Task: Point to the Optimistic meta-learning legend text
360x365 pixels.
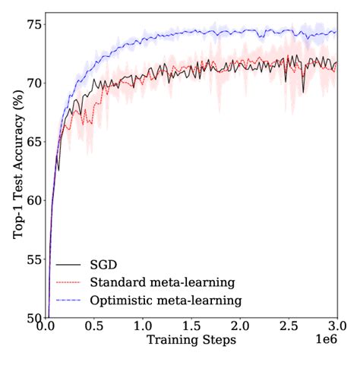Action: [165, 300]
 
